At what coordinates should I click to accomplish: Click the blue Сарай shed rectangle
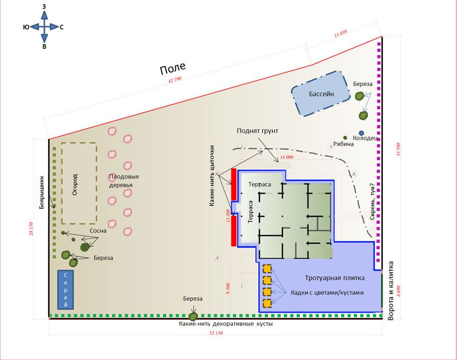coord(66,289)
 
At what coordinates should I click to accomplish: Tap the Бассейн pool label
coord(321,94)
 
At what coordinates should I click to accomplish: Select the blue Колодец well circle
coord(362,133)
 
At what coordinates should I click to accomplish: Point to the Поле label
coord(173,69)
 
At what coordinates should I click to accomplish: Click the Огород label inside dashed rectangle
coord(75,184)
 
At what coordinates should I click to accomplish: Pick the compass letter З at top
coord(44,7)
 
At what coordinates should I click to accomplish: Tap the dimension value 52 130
coord(216,333)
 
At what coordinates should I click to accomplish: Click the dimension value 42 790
coord(175,80)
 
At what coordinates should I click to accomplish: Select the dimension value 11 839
coord(340,34)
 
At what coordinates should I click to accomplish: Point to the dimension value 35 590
coord(399,149)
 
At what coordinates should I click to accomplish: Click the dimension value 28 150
coord(31,229)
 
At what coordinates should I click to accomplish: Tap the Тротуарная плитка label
coord(335,278)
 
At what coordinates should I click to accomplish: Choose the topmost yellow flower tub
coord(267,269)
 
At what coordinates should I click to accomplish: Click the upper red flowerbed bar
coord(234,184)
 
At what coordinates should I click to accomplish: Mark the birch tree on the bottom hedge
coord(193,316)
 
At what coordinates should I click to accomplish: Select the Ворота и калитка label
coord(391,291)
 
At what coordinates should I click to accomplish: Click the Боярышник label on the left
coord(42,192)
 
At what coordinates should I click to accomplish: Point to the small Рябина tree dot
coord(345,138)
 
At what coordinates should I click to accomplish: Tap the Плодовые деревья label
coord(124,181)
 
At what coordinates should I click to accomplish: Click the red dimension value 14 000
coord(286,157)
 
